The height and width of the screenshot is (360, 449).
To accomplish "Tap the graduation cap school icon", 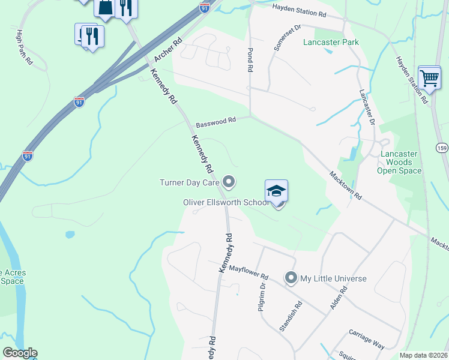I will [x=276, y=191].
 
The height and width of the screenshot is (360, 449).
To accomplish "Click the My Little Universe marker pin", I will [x=291, y=278].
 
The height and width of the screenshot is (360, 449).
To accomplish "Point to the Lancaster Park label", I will [x=331, y=42].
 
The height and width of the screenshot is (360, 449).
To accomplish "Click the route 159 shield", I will [x=441, y=148].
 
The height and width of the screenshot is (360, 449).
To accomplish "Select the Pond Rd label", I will [x=249, y=61].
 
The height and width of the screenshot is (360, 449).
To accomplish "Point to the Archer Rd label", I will [x=167, y=50].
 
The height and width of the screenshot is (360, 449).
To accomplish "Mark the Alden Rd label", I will [x=339, y=298].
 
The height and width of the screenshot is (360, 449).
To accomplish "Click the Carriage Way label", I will [x=367, y=339].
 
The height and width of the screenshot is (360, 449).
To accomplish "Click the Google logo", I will [x=20, y=353].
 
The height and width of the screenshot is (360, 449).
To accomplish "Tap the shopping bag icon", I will [x=104, y=7].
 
